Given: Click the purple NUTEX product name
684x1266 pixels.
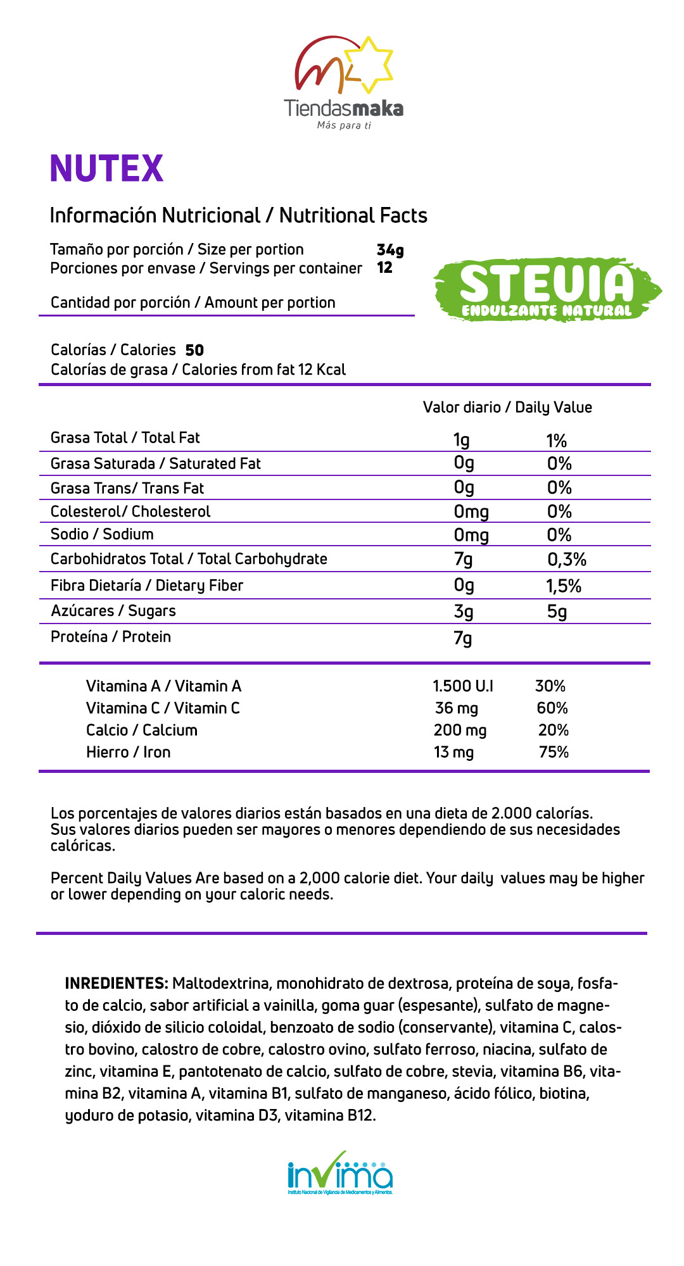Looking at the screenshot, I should pos(106,168).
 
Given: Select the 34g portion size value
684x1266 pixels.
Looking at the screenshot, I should pos(390,250).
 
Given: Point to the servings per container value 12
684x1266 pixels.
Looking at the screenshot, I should pos(384,268).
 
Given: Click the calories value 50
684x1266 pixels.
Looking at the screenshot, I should pos(194,350).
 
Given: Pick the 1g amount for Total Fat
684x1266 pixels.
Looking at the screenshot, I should pos(462,440).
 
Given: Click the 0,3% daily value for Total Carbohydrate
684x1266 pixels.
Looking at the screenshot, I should pos(567,560).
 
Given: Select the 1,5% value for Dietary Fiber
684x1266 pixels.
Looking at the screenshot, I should pos(564,586).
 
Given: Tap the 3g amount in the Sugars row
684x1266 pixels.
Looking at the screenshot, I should pos(464,612).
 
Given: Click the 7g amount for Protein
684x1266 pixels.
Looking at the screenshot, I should pos(463,638).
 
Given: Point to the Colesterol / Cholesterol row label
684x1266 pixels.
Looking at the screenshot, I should pos(130,511).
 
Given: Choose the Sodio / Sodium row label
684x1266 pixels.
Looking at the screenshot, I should pos(102,534).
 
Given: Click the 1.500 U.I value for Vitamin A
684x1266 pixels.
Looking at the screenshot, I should pos(463,686).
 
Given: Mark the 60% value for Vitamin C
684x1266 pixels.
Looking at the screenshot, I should pos(552,708).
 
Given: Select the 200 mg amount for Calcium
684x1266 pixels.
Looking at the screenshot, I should pos(460,730).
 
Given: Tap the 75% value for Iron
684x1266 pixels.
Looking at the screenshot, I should pos(554,753).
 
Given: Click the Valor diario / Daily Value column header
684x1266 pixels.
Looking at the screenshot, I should pos(507,408).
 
